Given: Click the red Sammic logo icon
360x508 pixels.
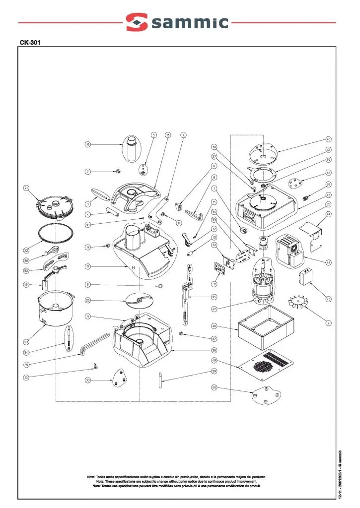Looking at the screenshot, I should [137, 22].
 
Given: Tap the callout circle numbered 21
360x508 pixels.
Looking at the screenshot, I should [26, 188].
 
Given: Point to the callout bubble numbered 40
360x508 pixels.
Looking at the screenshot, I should [328, 139].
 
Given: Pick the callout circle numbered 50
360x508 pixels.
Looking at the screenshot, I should [214, 387].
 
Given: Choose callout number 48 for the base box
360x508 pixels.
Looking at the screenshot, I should [214, 326].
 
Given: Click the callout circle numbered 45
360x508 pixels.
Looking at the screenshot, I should [328, 299].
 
